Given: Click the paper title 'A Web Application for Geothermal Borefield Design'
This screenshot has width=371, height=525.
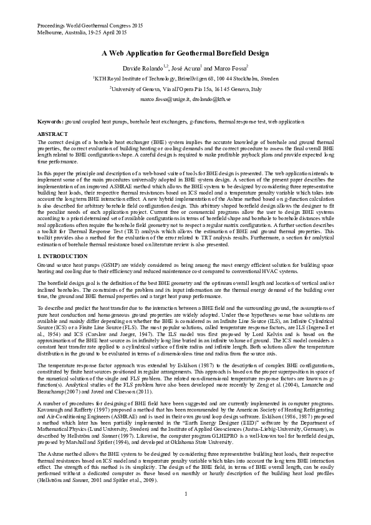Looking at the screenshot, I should click(185, 54).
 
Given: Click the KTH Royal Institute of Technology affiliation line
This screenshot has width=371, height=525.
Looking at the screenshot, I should click(185, 79).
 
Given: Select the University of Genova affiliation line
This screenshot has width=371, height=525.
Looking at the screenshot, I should click(185, 89).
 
